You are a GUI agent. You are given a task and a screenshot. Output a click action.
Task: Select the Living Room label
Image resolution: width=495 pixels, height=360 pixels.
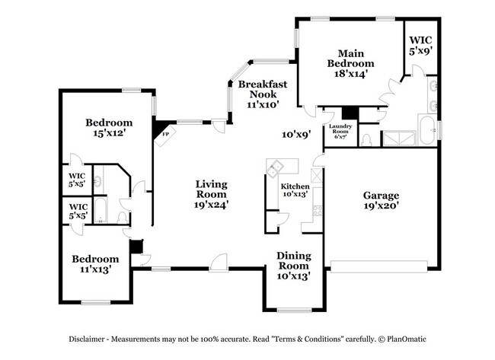(212, 193)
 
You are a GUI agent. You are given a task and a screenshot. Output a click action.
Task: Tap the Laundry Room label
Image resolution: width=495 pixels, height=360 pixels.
(340, 132)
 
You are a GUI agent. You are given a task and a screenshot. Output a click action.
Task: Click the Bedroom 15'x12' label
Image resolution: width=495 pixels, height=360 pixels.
(109, 127)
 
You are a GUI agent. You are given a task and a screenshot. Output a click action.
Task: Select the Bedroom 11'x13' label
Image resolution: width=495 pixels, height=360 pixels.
(97, 263)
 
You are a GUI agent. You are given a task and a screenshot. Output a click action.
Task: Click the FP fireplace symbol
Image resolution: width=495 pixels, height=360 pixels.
(164, 132)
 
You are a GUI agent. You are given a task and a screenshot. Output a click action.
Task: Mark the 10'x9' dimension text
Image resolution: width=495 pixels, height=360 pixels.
(296, 135)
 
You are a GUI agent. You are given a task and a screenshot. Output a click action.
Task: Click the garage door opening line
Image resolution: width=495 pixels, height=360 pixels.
(381, 266)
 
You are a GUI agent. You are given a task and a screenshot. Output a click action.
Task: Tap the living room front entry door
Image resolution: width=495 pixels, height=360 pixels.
(220, 263)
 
